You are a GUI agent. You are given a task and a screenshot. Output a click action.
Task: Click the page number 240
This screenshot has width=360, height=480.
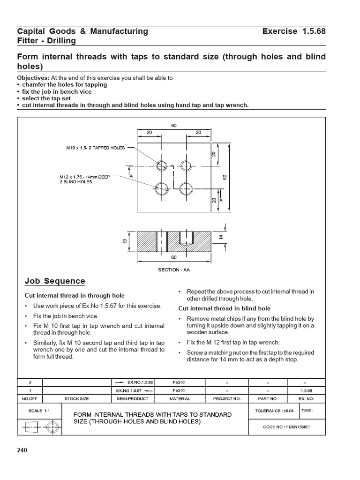point(22,450)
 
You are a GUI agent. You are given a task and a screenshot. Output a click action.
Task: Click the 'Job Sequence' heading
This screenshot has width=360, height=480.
point(54,281)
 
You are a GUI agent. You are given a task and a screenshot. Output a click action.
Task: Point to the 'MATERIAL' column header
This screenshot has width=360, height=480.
point(180,398)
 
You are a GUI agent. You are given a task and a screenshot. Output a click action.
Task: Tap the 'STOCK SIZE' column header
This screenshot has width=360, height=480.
point(76,398)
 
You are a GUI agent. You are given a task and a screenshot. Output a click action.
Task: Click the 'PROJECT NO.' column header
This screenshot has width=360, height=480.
point(227,398)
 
